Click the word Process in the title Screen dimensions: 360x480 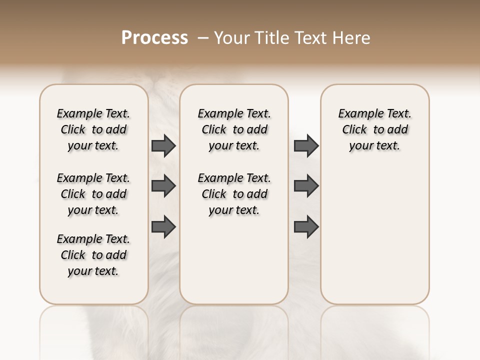(x=154, y=38)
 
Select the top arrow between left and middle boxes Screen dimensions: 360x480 (x=163, y=146)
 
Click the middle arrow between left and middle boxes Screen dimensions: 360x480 (x=163, y=186)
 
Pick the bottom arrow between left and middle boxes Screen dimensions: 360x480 (x=163, y=226)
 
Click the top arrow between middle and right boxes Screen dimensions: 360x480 (x=306, y=146)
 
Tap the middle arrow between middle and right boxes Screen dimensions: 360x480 (x=306, y=186)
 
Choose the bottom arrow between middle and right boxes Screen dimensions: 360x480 (x=306, y=226)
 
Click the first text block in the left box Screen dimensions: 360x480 (x=93, y=129)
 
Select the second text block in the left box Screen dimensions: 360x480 (x=93, y=194)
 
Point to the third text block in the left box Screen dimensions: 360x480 (x=93, y=255)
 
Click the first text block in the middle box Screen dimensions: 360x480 (x=234, y=129)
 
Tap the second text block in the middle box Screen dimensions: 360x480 (x=234, y=194)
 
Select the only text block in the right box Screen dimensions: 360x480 (x=374, y=129)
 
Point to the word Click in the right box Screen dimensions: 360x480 (x=354, y=130)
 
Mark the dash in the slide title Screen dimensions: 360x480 (x=203, y=38)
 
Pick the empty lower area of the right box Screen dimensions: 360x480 (x=374, y=235)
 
